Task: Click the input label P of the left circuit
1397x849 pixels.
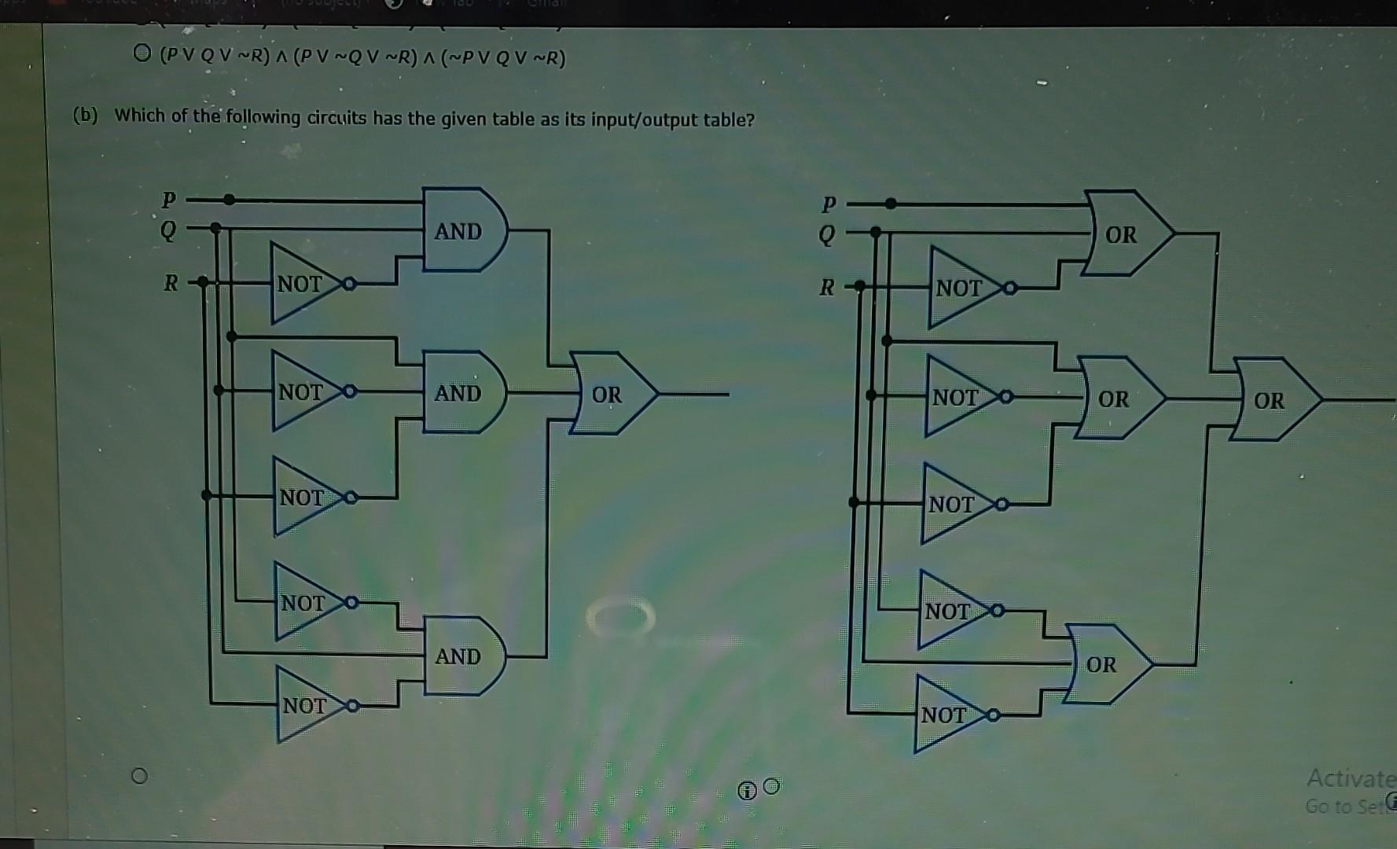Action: click(168, 200)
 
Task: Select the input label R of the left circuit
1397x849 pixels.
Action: click(171, 282)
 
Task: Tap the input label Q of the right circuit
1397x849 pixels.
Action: click(826, 234)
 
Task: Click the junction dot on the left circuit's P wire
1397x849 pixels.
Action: click(229, 200)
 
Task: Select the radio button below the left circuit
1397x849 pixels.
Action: click(139, 776)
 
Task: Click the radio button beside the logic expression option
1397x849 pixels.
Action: click(142, 53)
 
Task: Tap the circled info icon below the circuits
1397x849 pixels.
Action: click(747, 790)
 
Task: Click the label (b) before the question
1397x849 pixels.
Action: click(85, 116)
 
